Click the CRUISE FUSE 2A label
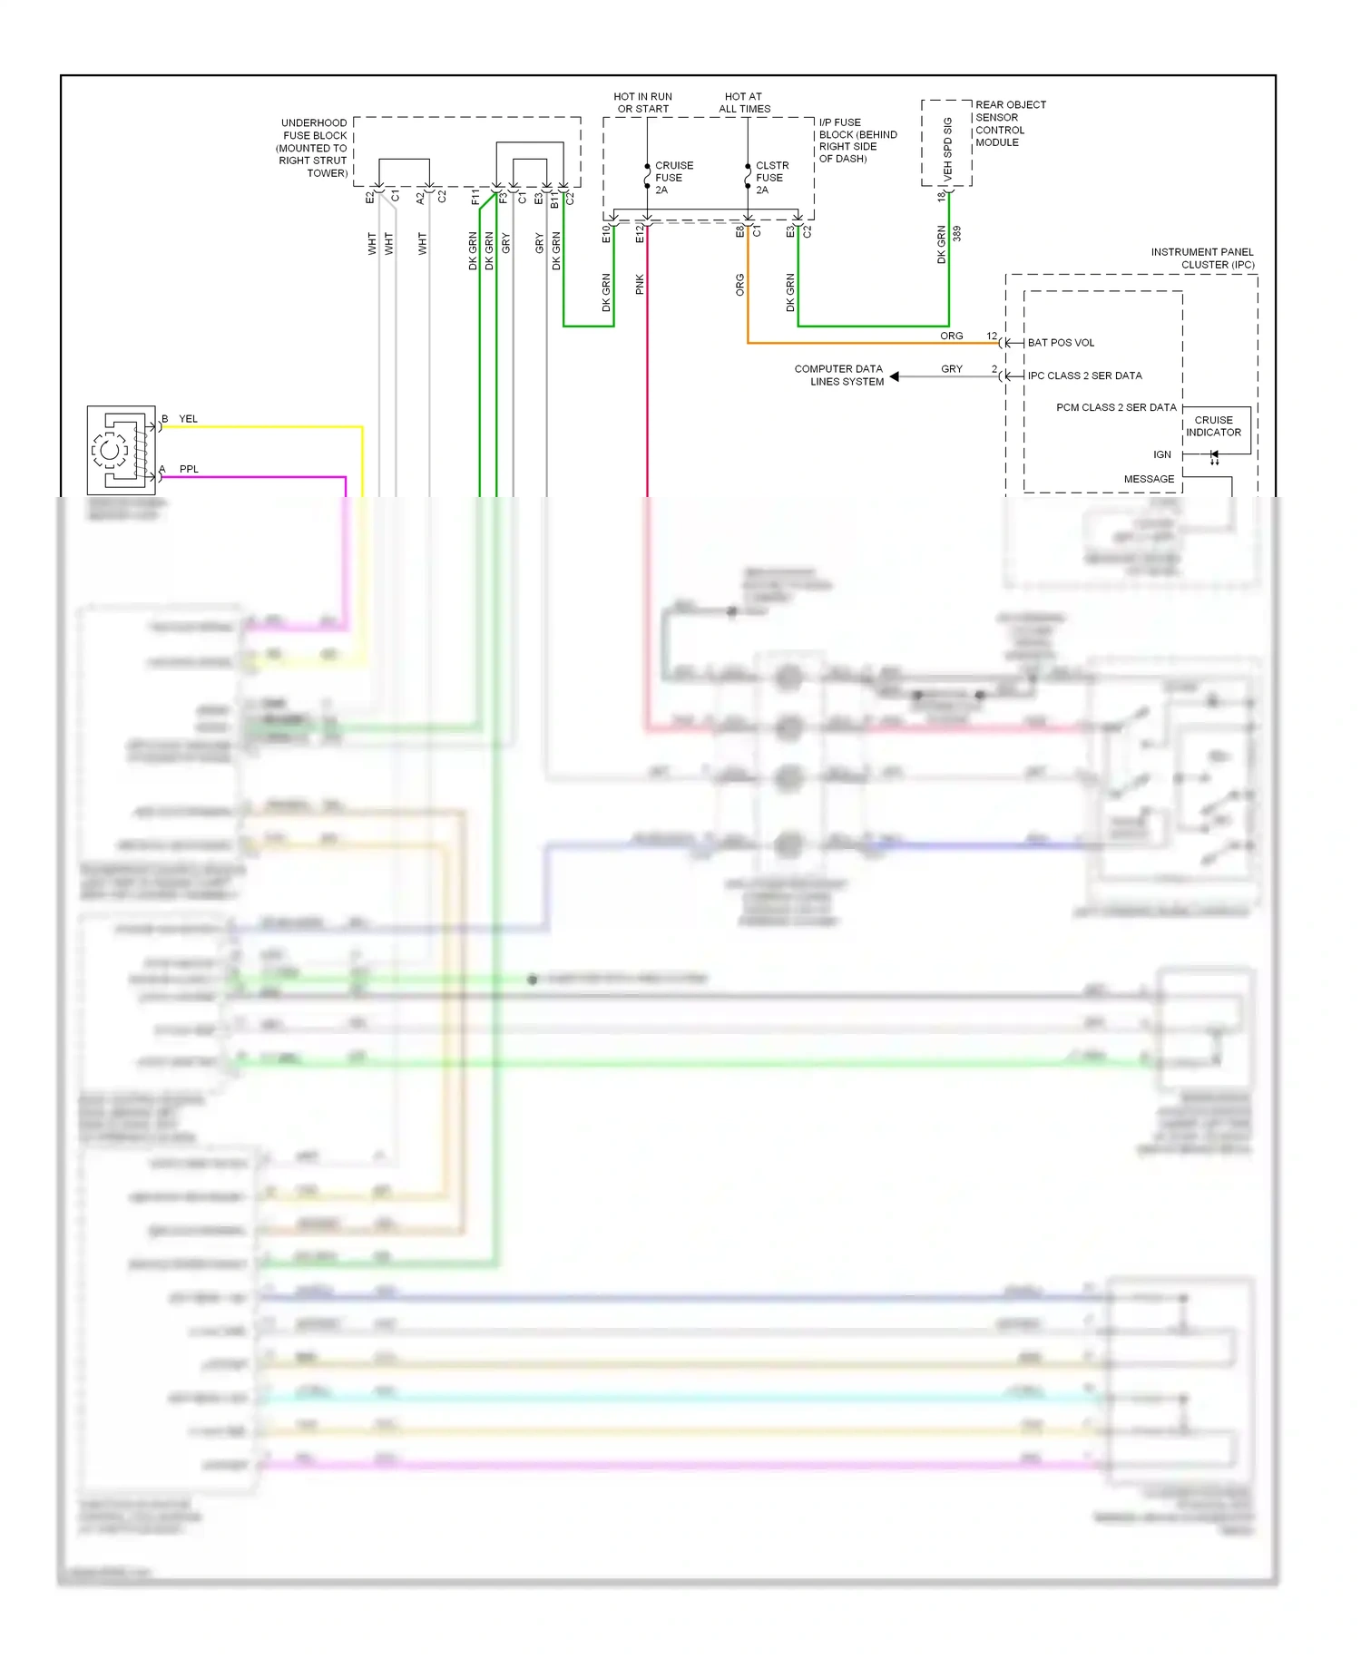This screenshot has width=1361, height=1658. click(x=673, y=178)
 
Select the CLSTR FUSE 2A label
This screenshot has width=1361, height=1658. click(x=771, y=178)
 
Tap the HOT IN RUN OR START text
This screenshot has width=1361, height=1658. click(x=642, y=102)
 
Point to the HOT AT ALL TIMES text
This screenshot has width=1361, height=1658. click(x=744, y=102)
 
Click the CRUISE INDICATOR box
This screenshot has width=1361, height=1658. click(x=1216, y=427)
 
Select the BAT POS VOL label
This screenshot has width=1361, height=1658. click(x=1061, y=343)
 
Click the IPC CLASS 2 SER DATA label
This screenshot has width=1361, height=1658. click(x=1084, y=375)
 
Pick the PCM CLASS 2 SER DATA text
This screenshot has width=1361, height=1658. click(x=1116, y=407)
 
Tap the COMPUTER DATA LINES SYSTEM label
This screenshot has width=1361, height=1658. click(x=839, y=375)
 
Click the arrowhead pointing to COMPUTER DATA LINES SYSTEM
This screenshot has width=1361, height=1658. click(x=895, y=376)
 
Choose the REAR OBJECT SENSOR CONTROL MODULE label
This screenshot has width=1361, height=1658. click(x=1009, y=123)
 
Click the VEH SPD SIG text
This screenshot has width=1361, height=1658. click(x=947, y=147)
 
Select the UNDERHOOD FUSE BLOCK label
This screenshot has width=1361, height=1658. click(x=313, y=148)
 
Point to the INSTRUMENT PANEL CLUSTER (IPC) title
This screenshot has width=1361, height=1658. click(x=1203, y=258)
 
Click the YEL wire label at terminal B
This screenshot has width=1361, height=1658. click(x=188, y=419)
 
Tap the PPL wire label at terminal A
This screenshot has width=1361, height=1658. click(x=188, y=469)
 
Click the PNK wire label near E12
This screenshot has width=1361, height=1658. click(x=640, y=285)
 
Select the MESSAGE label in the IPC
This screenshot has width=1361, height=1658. click(x=1149, y=479)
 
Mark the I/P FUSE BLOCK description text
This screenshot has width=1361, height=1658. click(x=857, y=141)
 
